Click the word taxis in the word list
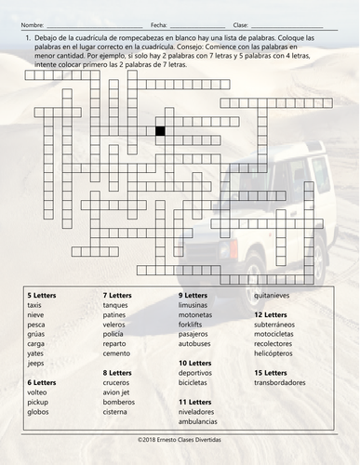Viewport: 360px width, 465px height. pos(34,305)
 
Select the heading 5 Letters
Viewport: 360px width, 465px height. pos(42,295)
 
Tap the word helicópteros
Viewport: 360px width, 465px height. pos(276,352)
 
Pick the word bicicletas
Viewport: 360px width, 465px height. pos(196,381)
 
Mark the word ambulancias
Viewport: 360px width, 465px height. pos(199,420)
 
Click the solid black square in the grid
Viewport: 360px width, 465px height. pos(160,131)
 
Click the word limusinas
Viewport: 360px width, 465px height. pos(194,305)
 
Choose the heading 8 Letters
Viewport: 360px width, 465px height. pos(117,372)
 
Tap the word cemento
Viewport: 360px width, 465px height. pos(117,352)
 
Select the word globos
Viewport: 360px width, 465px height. pos(38,410)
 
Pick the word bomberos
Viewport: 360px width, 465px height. pos(119,401)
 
